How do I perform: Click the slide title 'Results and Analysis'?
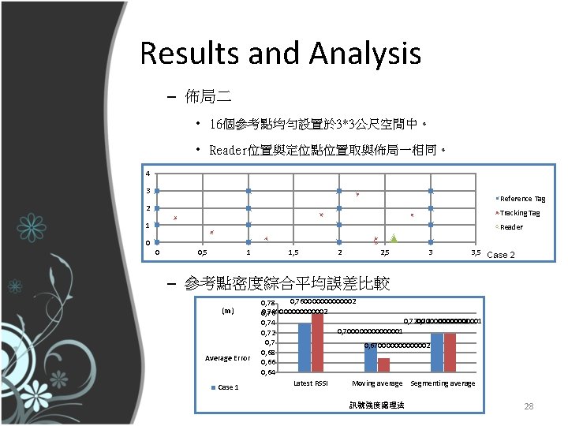(x=280, y=54)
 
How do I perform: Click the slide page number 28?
(x=529, y=405)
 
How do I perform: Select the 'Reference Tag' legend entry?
(x=520, y=199)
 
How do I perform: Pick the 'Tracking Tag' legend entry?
(x=519, y=213)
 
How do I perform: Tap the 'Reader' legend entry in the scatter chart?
(x=510, y=227)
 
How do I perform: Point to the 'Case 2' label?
(x=501, y=255)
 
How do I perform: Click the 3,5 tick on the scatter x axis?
(x=475, y=252)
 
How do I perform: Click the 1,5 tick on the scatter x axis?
(x=293, y=252)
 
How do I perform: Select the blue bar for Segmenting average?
(x=437, y=351)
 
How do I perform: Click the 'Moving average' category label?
(x=377, y=383)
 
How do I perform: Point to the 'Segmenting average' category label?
(x=443, y=383)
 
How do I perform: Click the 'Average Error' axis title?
(x=228, y=358)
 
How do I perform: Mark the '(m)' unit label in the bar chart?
(x=228, y=311)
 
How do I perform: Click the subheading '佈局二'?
(x=208, y=98)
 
